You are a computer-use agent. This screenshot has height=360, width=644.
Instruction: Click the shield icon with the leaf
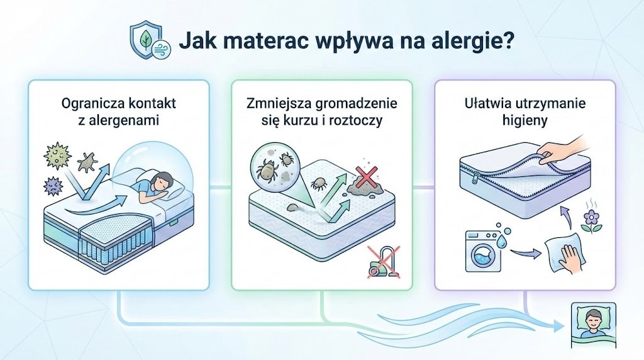pyautogui.click(x=144, y=42)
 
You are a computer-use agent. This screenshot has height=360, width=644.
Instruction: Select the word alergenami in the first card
pyautogui.click(x=119, y=119)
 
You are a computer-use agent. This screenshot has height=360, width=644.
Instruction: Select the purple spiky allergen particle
pyautogui.click(x=53, y=185)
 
